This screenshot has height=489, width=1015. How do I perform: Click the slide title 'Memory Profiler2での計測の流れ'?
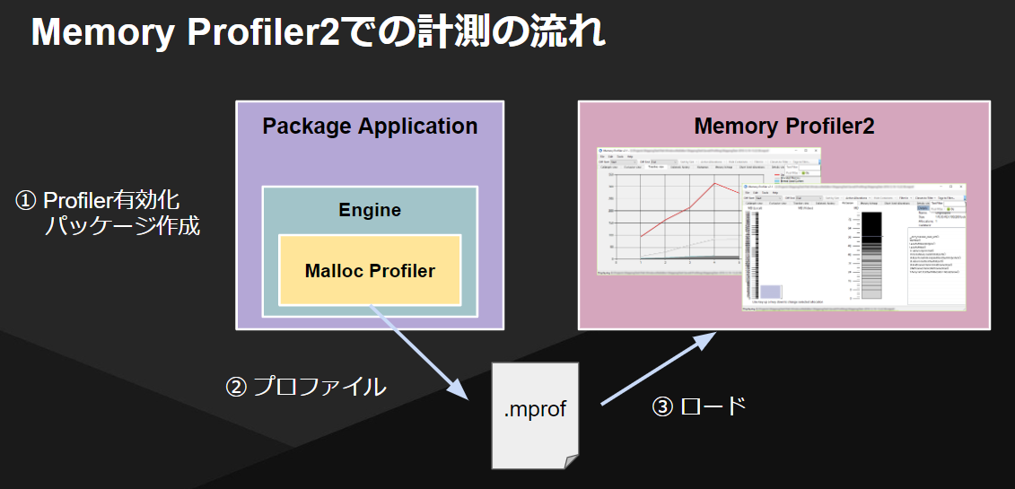(319, 33)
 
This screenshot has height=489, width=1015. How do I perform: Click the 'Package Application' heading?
(370, 126)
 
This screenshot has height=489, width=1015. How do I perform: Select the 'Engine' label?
(370, 210)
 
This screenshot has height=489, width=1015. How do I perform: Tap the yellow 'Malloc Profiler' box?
(370, 270)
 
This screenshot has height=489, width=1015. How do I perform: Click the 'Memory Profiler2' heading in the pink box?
(783, 126)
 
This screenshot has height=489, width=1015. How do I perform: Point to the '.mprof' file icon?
(536, 413)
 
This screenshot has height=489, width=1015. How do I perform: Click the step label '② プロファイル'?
(305, 387)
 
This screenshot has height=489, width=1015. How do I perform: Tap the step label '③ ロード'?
(699, 406)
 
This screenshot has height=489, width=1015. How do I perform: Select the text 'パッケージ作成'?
(122, 226)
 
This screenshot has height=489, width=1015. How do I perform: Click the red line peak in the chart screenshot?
(714, 184)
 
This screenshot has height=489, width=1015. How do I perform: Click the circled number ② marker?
(234, 387)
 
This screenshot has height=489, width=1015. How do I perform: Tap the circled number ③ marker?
(661, 406)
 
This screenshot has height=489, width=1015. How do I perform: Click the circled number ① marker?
(27, 200)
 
